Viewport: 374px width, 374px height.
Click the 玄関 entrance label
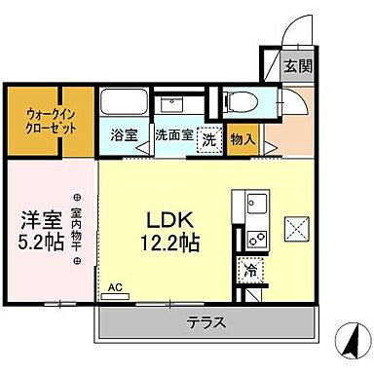point(297,67)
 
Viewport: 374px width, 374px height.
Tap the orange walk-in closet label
point(47,121)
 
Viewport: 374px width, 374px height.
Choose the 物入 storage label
point(243,138)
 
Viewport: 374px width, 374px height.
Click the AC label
point(116,288)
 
